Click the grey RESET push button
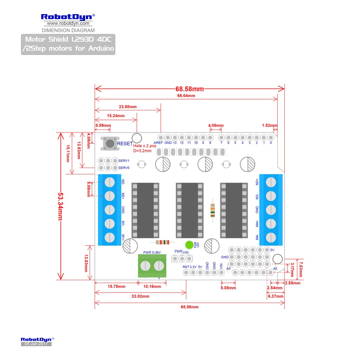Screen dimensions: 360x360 [110, 143]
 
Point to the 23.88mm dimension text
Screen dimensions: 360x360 [128, 107]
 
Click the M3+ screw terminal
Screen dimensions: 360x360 [271, 182]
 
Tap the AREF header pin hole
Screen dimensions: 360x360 [161, 137]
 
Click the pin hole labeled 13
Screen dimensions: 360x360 [175, 137]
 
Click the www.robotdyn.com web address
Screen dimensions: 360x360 [68, 24]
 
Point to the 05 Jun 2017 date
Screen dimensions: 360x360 [36, 344]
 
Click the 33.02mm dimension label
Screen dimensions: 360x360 [140, 296]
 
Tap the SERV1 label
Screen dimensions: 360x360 [124, 160]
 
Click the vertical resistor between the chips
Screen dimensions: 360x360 [213, 210]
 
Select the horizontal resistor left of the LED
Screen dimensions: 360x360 [162, 242]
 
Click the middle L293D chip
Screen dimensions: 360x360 [189, 210]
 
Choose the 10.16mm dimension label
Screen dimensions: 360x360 [152, 287]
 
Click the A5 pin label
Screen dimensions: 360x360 [275, 269]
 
